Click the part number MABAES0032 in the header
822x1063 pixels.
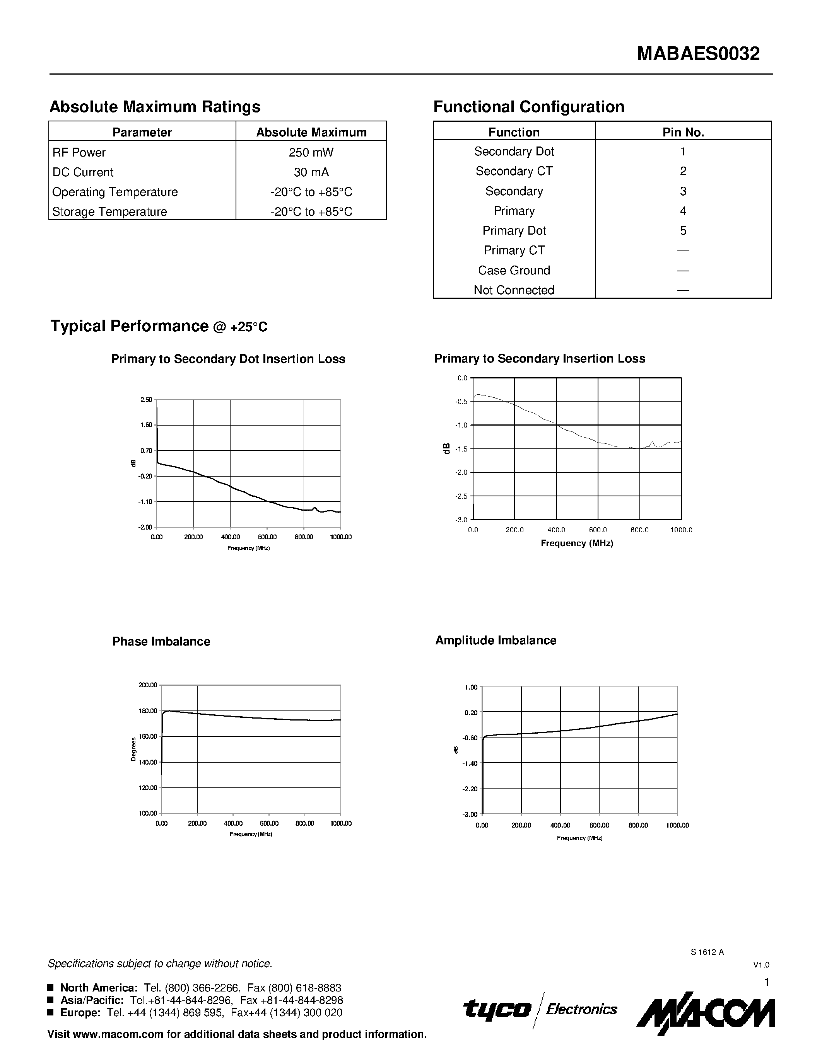pyautogui.click(x=698, y=54)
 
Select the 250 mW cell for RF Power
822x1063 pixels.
pyautogui.click(x=311, y=153)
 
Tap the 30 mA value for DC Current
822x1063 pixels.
pyautogui.click(x=311, y=172)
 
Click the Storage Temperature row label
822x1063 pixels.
pyautogui.click(x=109, y=212)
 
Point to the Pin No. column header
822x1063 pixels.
pyautogui.click(x=683, y=132)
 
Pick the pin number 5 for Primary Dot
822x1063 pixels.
pyautogui.click(x=683, y=231)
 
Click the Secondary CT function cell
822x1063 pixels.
pyautogui.click(x=514, y=171)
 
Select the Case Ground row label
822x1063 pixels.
pyautogui.click(x=514, y=271)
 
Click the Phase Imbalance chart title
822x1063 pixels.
pyautogui.click(x=161, y=642)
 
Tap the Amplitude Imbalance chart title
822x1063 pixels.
pyautogui.click(x=496, y=641)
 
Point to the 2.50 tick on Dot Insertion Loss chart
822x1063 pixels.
pyautogui.click(x=146, y=400)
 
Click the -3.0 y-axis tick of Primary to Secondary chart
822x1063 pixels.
pyautogui.click(x=461, y=520)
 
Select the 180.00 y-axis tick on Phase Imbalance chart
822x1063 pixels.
pyautogui.click(x=147, y=711)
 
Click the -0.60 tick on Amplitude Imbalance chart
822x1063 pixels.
pyautogui.click(x=470, y=738)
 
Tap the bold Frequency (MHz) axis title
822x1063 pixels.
pyautogui.click(x=577, y=543)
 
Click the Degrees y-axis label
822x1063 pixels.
pyautogui.click(x=133, y=750)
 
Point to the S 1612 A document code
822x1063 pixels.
pyautogui.click(x=707, y=952)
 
